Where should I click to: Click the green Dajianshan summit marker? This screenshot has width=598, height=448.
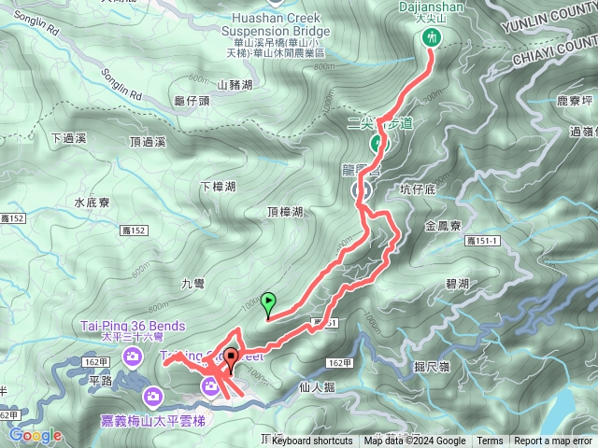click(x=432, y=36)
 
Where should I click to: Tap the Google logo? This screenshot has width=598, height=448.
click(x=35, y=435)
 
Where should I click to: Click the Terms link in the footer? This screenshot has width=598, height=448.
click(x=490, y=441)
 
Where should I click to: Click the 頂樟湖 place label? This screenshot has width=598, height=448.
click(x=284, y=212)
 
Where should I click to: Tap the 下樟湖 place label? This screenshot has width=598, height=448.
click(x=218, y=186)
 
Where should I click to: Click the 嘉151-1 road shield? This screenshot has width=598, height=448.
click(x=482, y=241)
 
